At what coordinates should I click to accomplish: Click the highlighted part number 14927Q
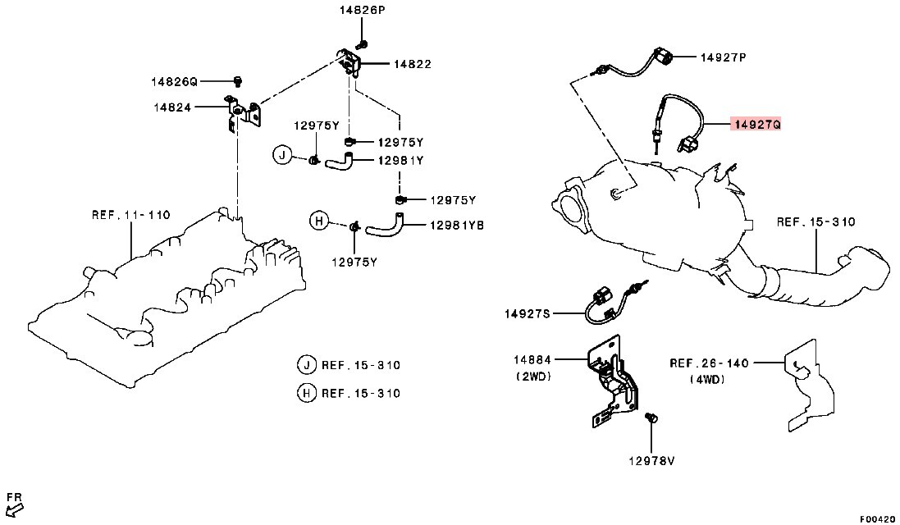click(x=756, y=124)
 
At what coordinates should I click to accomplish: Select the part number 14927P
click(x=724, y=57)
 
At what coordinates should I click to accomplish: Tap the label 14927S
click(x=528, y=314)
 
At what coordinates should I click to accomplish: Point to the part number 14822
click(x=412, y=64)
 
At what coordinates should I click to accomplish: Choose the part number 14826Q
click(x=175, y=81)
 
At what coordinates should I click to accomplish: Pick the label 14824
click(x=172, y=107)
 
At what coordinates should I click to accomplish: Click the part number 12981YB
click(x=457, y=226)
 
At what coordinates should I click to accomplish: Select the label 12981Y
click(x=400, y=162)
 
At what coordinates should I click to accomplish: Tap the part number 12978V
click(x=651, y=460)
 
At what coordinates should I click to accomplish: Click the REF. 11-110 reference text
click(x=131, y=215)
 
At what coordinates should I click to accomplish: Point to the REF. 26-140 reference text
click(x=709, y=363)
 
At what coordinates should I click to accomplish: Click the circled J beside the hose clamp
click(x=282, y=155)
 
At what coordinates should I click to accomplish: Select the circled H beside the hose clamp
click(x=320, y=221)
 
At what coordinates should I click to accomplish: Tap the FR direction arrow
click(x=14, y=509)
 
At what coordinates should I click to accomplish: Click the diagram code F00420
click(x=878, y=518)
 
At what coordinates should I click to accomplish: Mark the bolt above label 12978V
click(x=651, y=418)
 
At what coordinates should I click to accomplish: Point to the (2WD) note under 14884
click(x=533, y=377)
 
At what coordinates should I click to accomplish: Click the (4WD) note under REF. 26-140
click(x=708, y=379)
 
